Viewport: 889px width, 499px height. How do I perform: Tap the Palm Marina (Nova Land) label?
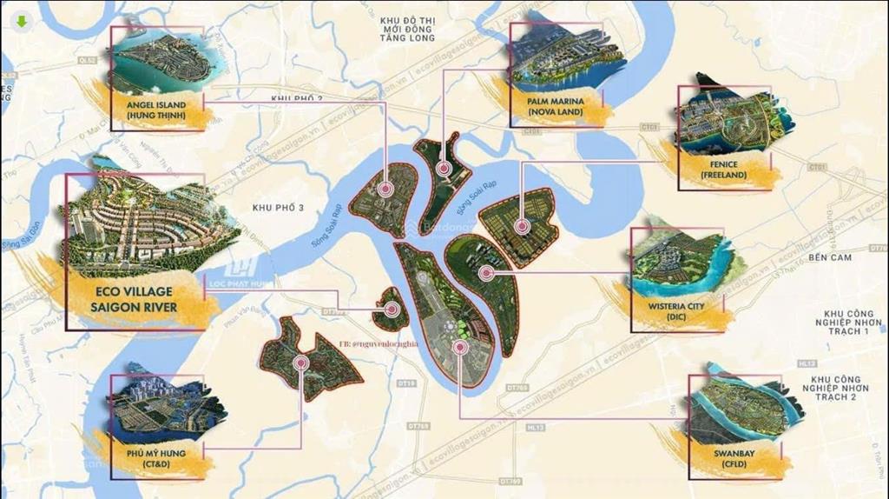coord(561,106)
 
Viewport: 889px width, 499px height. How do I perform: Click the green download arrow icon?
coord(20,22)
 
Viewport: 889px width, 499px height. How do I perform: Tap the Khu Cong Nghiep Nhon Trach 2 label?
coord(846,388)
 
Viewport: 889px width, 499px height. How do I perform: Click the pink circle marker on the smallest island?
coord(392,309)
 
